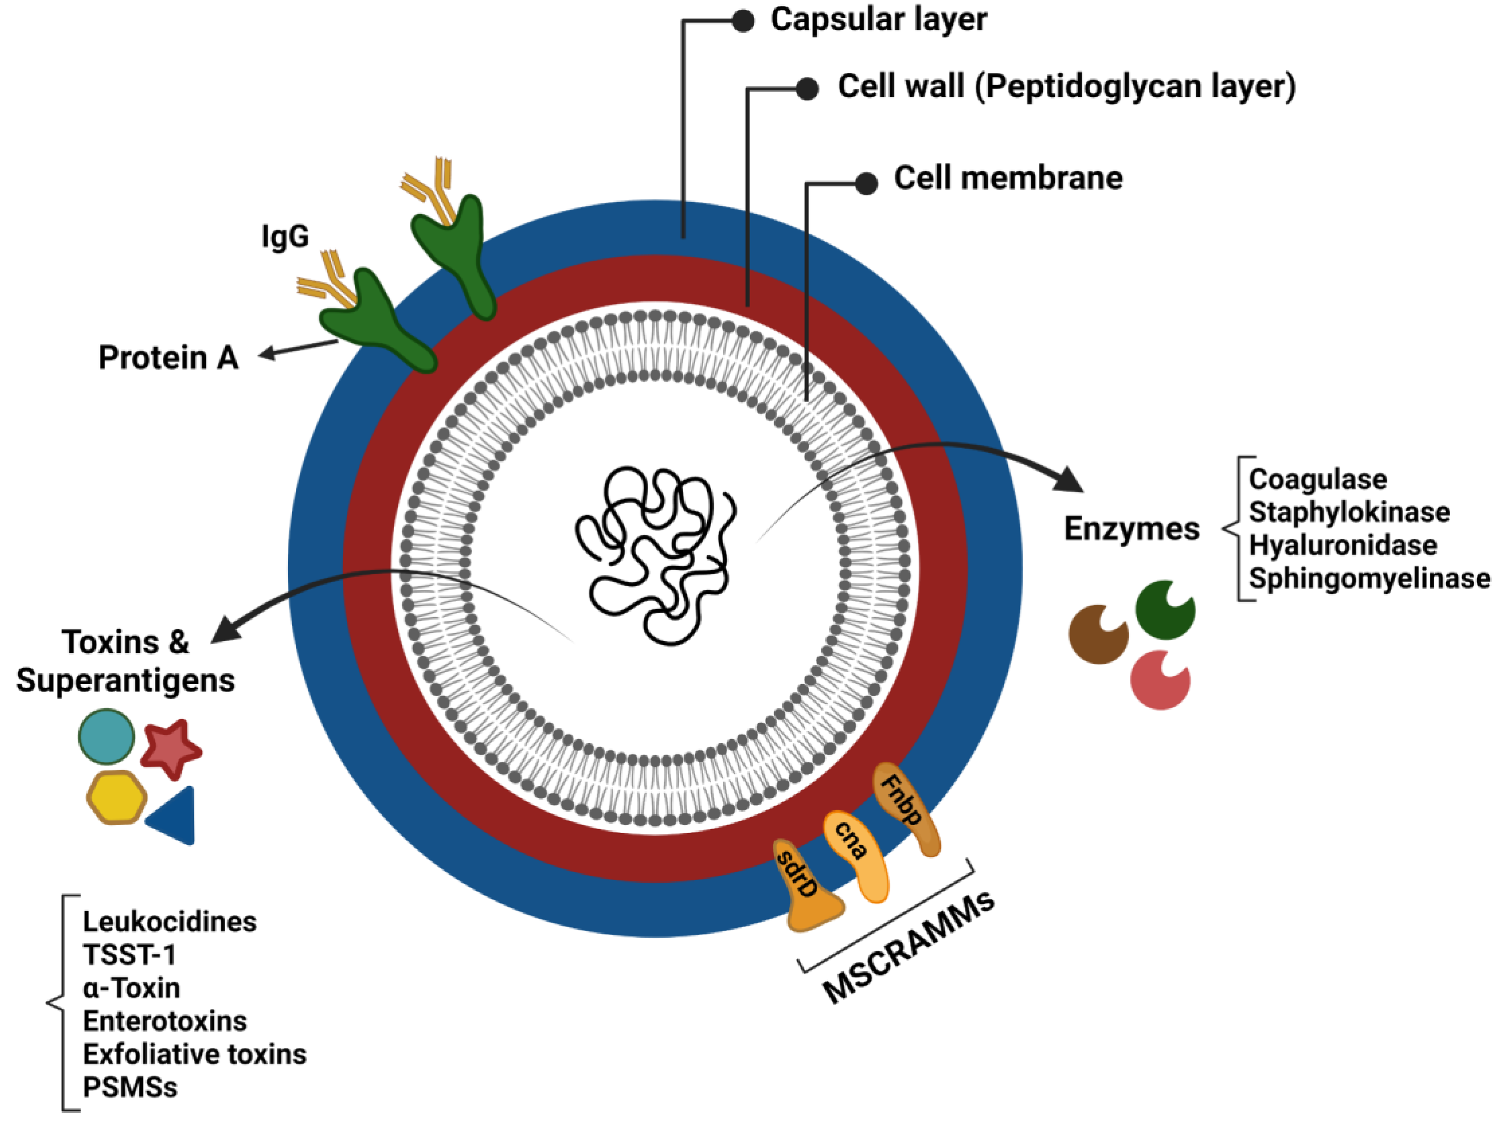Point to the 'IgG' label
click(285, 237)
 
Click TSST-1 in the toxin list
click(129, 955)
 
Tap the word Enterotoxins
click(165, 1021)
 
